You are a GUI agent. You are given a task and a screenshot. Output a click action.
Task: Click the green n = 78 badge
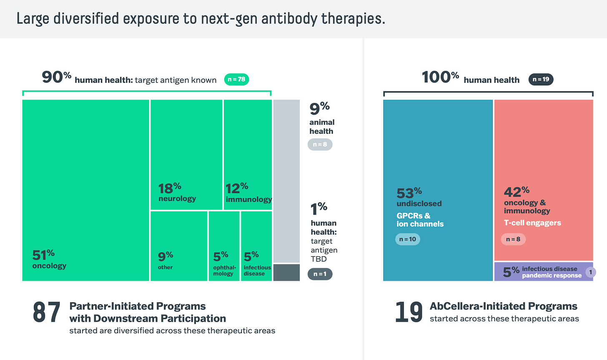[236, 79]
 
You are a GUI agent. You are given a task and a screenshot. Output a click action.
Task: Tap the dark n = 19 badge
[541, 79]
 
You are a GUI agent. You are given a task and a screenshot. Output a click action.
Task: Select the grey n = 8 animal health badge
[320, 145]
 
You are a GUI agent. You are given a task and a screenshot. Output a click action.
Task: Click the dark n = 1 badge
[320, 274]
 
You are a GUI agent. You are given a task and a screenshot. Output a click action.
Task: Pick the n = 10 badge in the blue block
[407, 239]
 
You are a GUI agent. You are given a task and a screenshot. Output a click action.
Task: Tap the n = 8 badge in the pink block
[513, 239]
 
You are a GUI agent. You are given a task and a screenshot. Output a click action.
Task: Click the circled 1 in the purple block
[590, 272]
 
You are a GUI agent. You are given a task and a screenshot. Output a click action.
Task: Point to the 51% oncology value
[43, 254]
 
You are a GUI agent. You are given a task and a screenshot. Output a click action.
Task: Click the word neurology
[177, 198]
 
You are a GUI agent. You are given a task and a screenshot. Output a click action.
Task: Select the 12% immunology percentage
[236, 188]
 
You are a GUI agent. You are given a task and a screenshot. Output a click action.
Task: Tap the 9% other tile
[178, 246]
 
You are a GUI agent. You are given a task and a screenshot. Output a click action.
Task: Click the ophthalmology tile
[224, 246]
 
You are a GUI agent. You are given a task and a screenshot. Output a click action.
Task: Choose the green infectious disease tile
[256, 246]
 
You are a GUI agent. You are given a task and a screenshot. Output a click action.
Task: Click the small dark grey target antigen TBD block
[286, 272]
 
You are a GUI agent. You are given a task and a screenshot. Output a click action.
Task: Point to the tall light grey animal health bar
[286, 181]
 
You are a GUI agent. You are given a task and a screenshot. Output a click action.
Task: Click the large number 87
[47, 312]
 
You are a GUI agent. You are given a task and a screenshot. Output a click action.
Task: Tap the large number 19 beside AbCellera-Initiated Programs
[409, 312]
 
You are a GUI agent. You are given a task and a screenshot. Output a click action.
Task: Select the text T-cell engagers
[532, 222]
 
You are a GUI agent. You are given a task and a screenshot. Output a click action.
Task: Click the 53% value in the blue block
[409, 193]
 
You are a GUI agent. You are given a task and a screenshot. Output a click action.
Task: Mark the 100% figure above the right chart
[440, 77]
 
